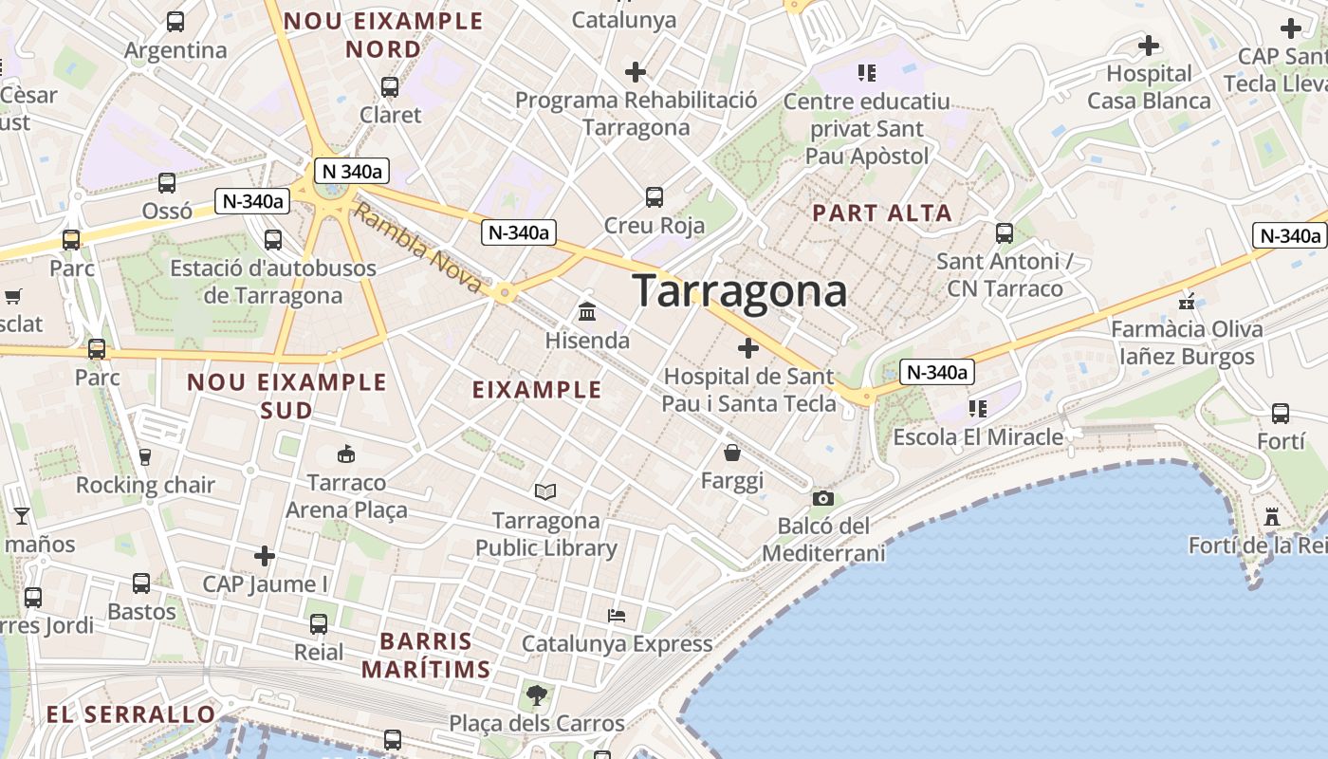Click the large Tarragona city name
[x=739, y=290]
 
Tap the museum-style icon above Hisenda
[x=587, y=311]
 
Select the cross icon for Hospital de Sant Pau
[x=748, y=348]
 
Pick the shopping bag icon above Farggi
[x=731, y=453]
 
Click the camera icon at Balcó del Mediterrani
[x=822, y=498]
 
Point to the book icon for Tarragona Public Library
[x=545, y=491]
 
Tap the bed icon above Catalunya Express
[x=617, y=615]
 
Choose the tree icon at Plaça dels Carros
[x=537, y=695]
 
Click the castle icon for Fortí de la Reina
[x=1272, y=516]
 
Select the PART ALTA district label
[x=882, y=213]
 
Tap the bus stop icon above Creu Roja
[x=655, y=197]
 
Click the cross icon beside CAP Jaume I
[x=265, y=555]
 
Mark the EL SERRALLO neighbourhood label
[x=131, y=714]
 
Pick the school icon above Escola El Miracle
[x=978, y=409]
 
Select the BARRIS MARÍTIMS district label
[x=426, y=655]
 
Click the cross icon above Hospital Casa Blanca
[x=1149, y=45]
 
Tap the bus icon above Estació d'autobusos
[x=273, y=240]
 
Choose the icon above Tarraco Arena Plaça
[x=346, y=454]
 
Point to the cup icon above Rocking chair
[x=145, y=457]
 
